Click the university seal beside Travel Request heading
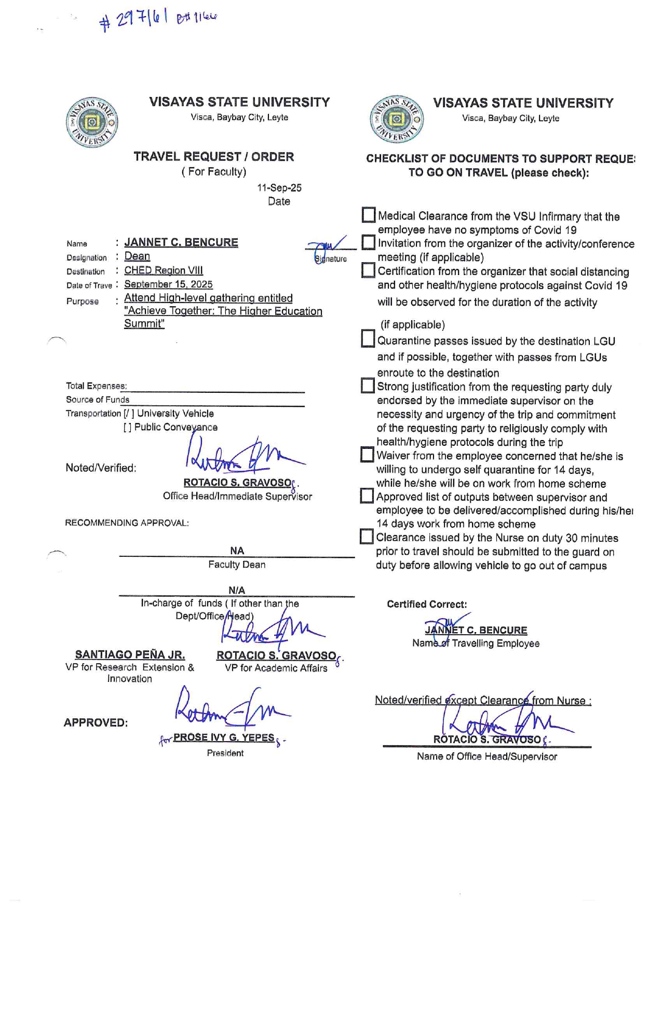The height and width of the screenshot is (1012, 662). tap(92, 122)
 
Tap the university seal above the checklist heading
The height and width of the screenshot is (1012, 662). tap(396, 119)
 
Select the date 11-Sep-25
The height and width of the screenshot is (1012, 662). tap(279, 188)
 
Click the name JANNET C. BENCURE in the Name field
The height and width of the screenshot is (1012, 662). tap(181, 242)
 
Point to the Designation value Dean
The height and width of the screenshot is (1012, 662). tap(137, 256)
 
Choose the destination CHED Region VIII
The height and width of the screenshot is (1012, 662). tap(163, 270)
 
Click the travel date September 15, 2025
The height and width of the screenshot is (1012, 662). tap(168, 284)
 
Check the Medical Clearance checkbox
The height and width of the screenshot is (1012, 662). tap(368, 215)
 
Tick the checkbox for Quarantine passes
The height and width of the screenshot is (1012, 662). tap(368, 339)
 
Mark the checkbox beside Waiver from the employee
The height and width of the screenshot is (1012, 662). tap(367, 455)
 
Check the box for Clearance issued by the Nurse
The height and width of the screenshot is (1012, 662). tap(367, 536)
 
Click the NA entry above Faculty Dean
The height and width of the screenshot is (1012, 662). tap(237, 551)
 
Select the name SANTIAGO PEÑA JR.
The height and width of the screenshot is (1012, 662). tap(130, 654)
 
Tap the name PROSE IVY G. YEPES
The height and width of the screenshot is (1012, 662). tap(223, 737)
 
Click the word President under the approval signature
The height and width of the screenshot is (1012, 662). tap(225, 753)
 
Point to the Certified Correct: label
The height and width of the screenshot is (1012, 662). tap(427, 604)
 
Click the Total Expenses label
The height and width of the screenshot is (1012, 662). tap(96, 386)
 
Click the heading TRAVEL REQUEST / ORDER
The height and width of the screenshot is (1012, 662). tap(213, 156)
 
